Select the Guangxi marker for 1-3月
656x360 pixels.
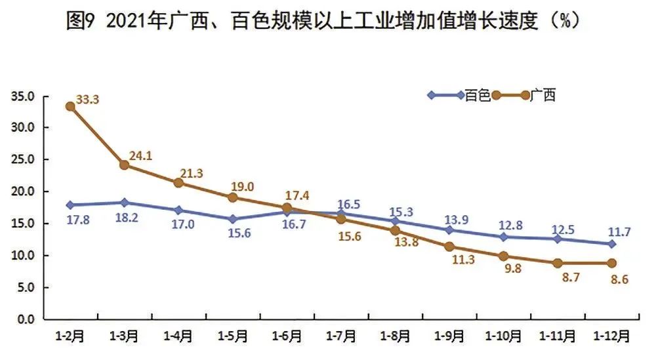click(x=124, y=165)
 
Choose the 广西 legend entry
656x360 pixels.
click(x=542, y=96)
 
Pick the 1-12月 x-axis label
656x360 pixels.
click(x=612, y=336)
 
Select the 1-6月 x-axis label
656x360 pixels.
click(x=286, y=336)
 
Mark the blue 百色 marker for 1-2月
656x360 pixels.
click(x=70, y=205)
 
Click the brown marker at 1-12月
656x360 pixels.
click(x=611, y=263)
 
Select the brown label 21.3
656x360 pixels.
click(x=192, y=173)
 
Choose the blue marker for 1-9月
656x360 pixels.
click(x=449, y=230)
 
